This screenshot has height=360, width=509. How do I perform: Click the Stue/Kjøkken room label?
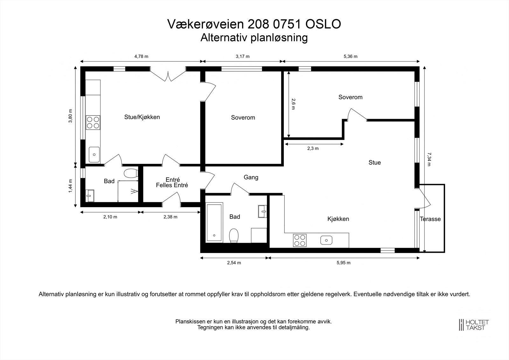click(x=142, y=117)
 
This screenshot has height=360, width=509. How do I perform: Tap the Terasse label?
click(x=430, y=219)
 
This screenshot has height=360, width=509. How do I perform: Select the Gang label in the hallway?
click(x=251, y=177)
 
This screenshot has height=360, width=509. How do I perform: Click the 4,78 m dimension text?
click(x=141, y=56)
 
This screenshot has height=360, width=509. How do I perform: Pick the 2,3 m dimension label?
click(x=313, y=148)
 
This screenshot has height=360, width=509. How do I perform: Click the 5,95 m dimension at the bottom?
click(x=344, y=263)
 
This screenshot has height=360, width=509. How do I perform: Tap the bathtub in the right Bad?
click(x=214, y=222)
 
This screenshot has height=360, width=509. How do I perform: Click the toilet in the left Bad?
click(x=130, y=173)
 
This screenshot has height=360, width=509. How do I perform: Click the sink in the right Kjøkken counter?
click(x=326, y=240)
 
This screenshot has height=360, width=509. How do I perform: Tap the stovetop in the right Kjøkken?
click(x=300, y=240)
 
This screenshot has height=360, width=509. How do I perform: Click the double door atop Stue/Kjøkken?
click(x=168, y=75)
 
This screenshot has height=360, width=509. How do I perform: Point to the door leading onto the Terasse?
click(x=424, y=197)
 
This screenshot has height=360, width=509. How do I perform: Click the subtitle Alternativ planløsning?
click(x=254, y=38)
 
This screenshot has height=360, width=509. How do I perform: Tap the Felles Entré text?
click(x=172, y=185)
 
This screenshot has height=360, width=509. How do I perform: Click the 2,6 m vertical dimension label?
click(x=293, y=104)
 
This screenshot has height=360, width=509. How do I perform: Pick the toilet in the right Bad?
click(x=234, y=236)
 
